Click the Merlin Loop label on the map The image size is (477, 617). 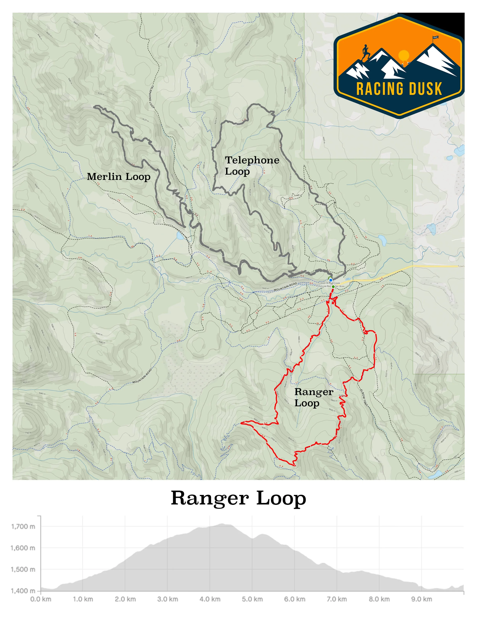pyautogui.click(x=118, y=177)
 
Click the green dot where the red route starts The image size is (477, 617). pyautogui.click(x=333, y=287)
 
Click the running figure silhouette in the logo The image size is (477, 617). pyautogui.click(x=366, y=52)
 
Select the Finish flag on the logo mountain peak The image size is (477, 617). pyautogui.click(x=435, y=38)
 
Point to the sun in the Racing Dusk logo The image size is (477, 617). pyautogui.click(x=403, y=55)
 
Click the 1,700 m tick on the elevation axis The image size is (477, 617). pyautogui.click(x=23, y=526)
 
